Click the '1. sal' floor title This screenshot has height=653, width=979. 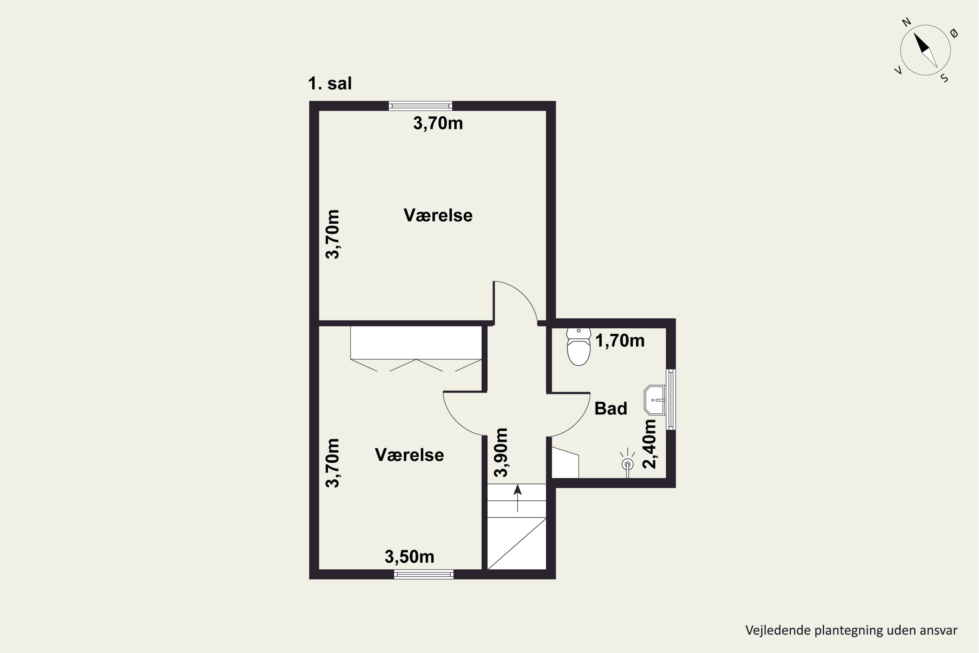click(x=330, y=83)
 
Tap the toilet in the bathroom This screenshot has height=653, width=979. click(x=579, y=347)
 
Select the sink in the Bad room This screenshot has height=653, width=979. click(x=655, y=400)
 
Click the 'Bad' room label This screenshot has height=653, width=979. click(x=611, y=408)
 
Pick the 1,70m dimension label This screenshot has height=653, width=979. click(x=620, y=341)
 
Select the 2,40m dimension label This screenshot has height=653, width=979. click(x=649, y=444)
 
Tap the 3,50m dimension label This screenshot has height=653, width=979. click(x=409, y=557)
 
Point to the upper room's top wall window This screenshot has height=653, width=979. click(x=420, y=106)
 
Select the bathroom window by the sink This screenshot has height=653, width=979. click(x=671, y=399)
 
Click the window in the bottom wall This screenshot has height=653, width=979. click(x=424, y=574)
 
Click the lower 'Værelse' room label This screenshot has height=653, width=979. click(x=409, y=455)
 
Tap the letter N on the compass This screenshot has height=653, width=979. click(x=907, y=22)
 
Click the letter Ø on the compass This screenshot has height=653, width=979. click(x=954, y=33)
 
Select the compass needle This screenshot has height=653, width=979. click(x=925, y=50)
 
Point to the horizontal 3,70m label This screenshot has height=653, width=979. click(x=438, y=123)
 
